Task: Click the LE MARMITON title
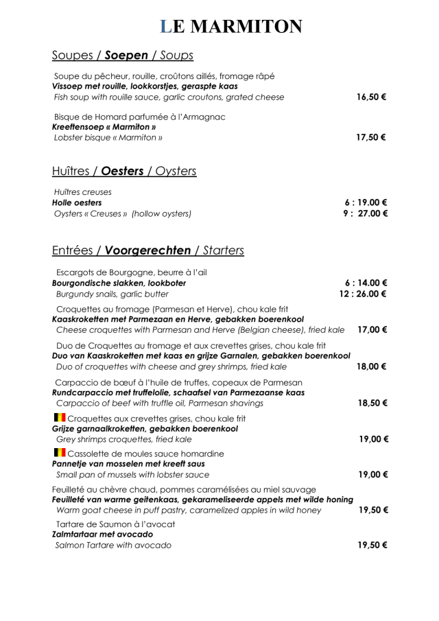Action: coord(230,26)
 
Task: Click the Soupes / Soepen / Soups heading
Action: coord(122,55)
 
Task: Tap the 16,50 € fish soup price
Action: coord(371,97)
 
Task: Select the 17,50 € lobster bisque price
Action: coord(371,137)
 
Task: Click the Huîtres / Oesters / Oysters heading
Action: coord(124,171)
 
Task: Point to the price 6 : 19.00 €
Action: coord(366,202)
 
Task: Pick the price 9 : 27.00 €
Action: coord(366,213)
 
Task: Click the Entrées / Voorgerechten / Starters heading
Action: coord(147,250)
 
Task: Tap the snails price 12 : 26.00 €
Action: coord(364,294)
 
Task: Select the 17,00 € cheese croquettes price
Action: coord(372,330)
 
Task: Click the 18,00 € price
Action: coord(372,366)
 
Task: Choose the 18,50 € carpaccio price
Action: coord(372,403)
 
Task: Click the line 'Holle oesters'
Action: coord(77,202)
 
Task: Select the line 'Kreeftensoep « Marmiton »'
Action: coord(104,127)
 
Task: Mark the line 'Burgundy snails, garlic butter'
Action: coord(112,294)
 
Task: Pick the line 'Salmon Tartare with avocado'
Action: coord(113,546)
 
